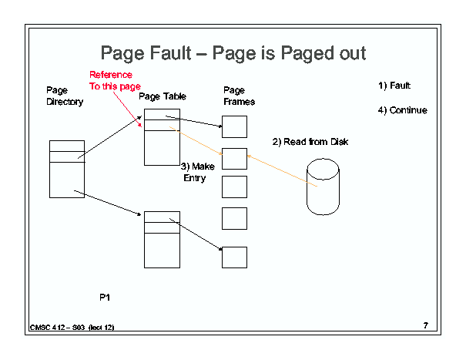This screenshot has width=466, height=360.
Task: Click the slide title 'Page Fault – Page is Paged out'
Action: (233, 53)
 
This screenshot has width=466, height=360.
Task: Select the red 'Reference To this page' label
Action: (115, 81)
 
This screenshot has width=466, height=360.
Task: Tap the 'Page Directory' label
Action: (65, 96)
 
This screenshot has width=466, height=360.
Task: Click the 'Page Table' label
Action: (163, 96)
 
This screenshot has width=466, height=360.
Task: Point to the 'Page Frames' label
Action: (239, 96)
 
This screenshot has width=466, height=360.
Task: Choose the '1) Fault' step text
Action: (394, 86)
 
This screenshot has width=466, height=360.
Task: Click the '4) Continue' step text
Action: (402, 110)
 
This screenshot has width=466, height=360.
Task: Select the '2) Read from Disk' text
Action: (310, 142)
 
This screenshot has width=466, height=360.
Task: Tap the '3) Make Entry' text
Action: (197, 172)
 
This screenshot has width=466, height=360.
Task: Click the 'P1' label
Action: (105, 298)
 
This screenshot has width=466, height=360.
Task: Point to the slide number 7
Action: (426, 325)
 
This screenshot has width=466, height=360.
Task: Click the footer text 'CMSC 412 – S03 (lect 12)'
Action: (72, 328)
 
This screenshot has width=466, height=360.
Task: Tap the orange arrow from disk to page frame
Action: (282, 171)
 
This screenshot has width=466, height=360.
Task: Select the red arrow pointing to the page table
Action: (127, 109)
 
